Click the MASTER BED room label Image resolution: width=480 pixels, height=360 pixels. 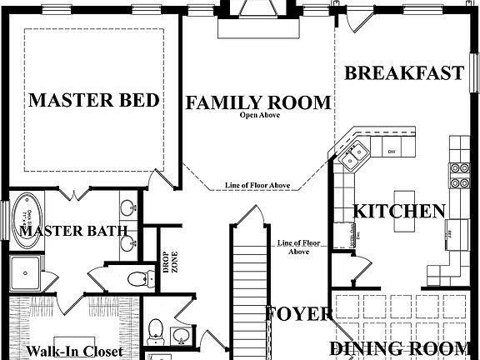coord(94,101)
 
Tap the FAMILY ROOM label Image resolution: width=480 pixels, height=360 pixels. coord(257,102)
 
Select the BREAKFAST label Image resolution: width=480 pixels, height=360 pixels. coord(404,73)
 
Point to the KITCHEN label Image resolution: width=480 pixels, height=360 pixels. coord(399,211)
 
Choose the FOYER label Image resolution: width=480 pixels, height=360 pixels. coord(299,314)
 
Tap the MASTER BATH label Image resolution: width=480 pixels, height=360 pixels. coord(73,231)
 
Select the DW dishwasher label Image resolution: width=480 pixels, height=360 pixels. coord(392,151)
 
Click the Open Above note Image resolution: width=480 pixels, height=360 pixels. coord(259,115)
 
